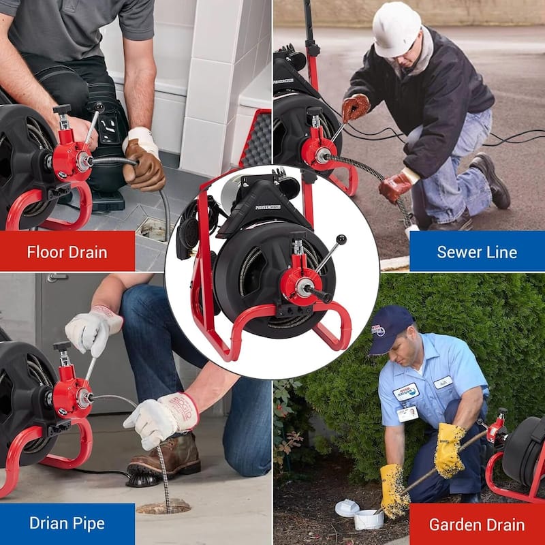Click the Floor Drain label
click(67, 251)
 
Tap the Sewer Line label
click(477, 251)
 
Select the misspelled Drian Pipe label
click(67, 523)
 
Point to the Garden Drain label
click(477, 524)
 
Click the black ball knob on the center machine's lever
click(340, 240)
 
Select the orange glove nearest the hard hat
click(355, 108)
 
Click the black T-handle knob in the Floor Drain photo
click(62, 109)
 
